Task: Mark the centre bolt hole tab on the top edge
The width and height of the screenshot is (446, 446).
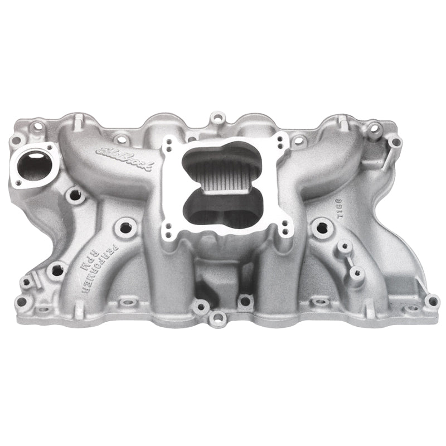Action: point(217,118)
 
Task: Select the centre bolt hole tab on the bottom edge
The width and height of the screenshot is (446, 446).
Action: point(217,319)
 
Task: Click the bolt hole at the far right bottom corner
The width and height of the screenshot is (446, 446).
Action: point(431,302)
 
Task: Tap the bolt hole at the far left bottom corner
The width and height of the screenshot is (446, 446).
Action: point(22,302)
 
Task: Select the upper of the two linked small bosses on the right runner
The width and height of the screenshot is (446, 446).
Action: point(346,246)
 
